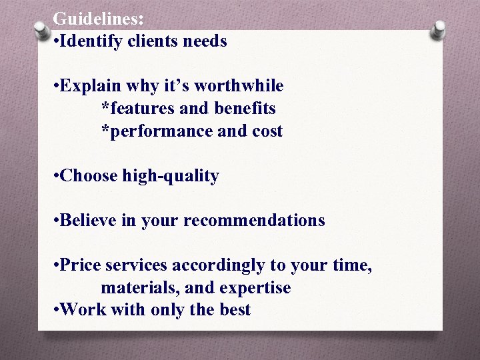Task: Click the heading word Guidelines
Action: tap(97, 19)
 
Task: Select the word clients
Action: tap(148, 41)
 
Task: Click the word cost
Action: tap(267, 131)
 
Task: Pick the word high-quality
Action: tap(171, 176)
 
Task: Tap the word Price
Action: tap(78, 265)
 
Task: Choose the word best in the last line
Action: tap(234, 310)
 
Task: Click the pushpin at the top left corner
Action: tap(42, 31)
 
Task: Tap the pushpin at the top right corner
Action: tap(438, 31)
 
